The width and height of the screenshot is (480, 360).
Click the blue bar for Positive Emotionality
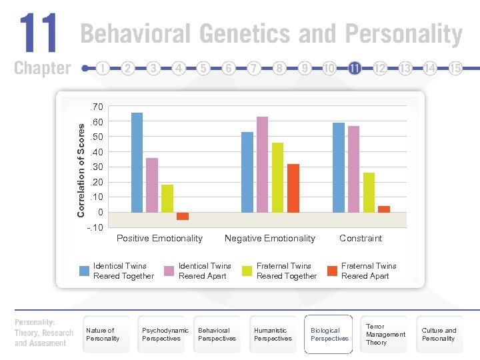(137, 162)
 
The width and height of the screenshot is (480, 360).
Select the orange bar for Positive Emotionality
(183, 216)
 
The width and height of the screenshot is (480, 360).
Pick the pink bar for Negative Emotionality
(262, 164)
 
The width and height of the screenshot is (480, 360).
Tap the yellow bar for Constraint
(369, 192)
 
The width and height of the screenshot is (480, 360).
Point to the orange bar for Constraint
(384, 209)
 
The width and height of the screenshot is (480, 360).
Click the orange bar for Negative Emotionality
(293, 187)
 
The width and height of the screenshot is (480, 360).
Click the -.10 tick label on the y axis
(95, 227)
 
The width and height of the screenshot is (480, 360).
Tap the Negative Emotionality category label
(270, 238)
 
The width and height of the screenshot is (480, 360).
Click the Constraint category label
(361, 238)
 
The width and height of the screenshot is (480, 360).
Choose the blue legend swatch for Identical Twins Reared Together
(85, 271)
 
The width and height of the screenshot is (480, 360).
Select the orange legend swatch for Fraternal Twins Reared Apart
(332, 271)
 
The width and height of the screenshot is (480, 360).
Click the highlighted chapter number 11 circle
(355, 68)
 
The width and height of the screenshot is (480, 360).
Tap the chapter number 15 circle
(456, 68)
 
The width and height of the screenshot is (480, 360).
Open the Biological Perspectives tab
(329, 334)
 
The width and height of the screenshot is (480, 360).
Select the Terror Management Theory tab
(385, 334)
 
